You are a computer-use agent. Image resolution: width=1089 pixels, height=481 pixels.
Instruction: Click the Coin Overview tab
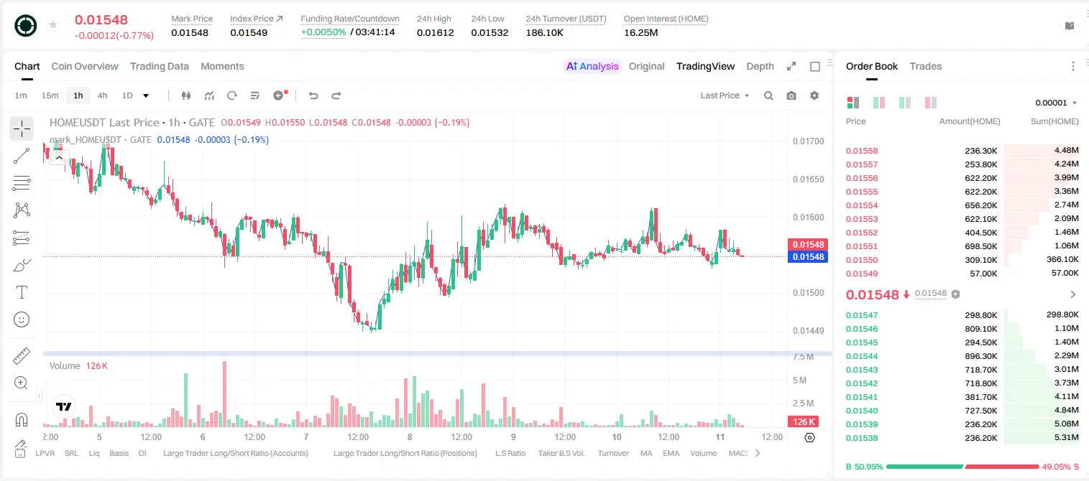pos(85,66)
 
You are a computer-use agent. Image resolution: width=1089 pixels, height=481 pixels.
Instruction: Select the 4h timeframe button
pos(102,95)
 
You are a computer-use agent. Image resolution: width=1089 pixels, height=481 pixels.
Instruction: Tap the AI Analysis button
pos(592,66)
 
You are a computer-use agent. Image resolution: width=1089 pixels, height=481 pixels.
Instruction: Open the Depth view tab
pos(760,66)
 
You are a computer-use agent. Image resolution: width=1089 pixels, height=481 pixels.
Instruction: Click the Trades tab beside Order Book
pos(926,66)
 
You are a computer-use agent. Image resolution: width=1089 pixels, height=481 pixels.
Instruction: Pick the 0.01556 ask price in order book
pos(861,178)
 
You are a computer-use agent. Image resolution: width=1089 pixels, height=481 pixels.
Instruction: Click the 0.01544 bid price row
pos(861,356)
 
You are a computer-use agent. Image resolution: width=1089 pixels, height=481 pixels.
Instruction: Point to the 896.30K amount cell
pos(980,356)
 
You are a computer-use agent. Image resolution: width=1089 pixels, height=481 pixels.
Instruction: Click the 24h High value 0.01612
pos(435,32)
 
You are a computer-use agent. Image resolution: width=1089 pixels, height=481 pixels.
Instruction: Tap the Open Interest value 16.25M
pos(640,32)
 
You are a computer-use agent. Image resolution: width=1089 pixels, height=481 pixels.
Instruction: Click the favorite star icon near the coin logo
pos(53,24)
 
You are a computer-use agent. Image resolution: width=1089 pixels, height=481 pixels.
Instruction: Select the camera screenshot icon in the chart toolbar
pos(791,95)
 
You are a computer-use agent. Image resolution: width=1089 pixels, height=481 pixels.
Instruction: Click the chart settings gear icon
pos(814,95)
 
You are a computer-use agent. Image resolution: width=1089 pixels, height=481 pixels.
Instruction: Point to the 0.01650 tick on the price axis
pos(809,179)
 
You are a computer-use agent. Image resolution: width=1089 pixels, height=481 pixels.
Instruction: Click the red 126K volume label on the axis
pos(803,422)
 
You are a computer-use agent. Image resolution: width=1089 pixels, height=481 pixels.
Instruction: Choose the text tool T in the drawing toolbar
pos(22,292)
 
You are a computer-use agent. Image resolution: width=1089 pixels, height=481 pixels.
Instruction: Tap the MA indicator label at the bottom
pos(646,453)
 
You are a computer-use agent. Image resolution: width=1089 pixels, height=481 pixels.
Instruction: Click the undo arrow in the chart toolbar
pos(313,95)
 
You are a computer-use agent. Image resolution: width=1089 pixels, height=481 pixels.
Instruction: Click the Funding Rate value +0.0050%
pos(323,32)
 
